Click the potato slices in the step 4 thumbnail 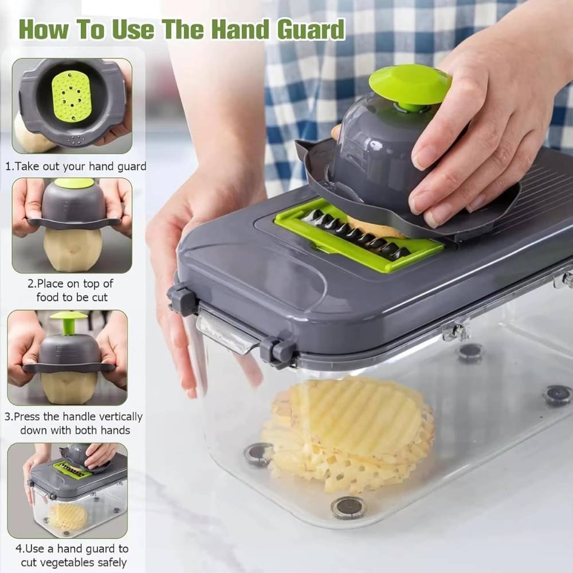tap(68, 516)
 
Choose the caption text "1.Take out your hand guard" tap(76, 167)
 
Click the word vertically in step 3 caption tap(120, 417)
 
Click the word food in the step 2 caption tap(48, 297)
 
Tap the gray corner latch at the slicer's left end tap(179, 297)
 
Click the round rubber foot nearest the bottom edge tap(348, 507)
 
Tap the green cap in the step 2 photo tap(69, 182)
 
